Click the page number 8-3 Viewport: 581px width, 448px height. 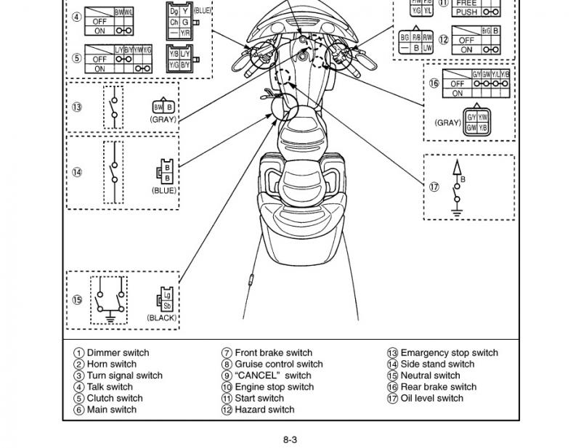click(290, 439)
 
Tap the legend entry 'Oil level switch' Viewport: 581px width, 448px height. click(424, 398)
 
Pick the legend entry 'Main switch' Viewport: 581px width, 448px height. click(106, 410)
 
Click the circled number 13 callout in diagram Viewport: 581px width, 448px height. click(77, 107)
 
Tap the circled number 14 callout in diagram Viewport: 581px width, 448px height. click(77, 172)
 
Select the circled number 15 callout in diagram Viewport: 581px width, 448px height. click(77, 299)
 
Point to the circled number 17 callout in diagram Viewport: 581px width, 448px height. click(434, 186)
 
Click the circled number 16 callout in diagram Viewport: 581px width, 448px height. click(434, 83)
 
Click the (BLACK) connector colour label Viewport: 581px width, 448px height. click(162, 318)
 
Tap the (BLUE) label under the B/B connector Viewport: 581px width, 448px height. click(164, 190)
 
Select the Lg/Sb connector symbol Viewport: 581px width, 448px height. click(166, 300)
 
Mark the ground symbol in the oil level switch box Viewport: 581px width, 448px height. click(457, 212)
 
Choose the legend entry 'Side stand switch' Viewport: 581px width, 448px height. click(428, 364)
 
